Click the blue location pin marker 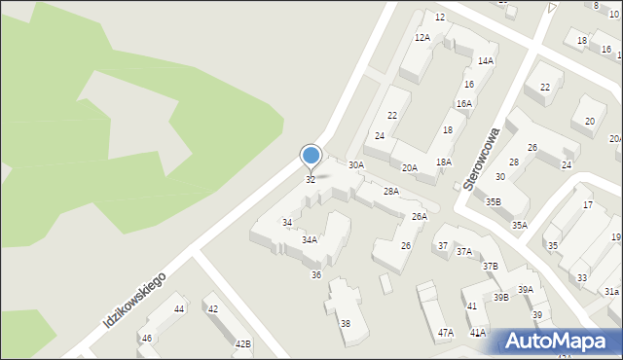coord(311,156)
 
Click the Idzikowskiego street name coord(134,299)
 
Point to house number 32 coord(311,180)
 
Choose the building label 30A coord(356,165)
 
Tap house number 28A coord(390,192)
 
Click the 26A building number coord(419,216)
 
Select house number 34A coord(309,239)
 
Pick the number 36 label coord(316,275)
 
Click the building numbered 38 coord(345,323)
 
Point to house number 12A coord(421,37)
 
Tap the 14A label coord(485,61)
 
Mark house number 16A coord(464,104)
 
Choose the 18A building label coord(443,162)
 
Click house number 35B coord(494,202)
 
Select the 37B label coord(491,266)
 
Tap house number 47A coord(445,333)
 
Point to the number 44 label coord(179,309)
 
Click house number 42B coord(242,343)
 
